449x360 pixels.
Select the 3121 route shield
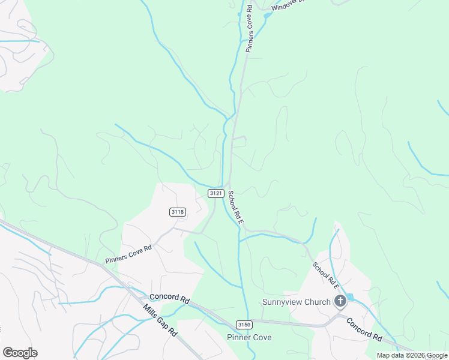click(217, 193)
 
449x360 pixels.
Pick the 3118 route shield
click(178, 212)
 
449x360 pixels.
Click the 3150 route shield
click(243, 325)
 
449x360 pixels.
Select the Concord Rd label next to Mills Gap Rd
click(169, 297)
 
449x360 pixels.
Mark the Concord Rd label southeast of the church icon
click(364, 329)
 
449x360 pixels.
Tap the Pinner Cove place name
click(249, 337)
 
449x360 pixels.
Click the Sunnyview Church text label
click(297, 302)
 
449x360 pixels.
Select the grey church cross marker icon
click(340, 301)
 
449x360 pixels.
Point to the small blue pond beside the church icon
click(350, 297)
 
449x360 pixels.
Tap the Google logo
click(20, 353)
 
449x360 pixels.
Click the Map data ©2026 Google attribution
click(412, 355)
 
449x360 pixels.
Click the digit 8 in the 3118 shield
click(182, 212)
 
